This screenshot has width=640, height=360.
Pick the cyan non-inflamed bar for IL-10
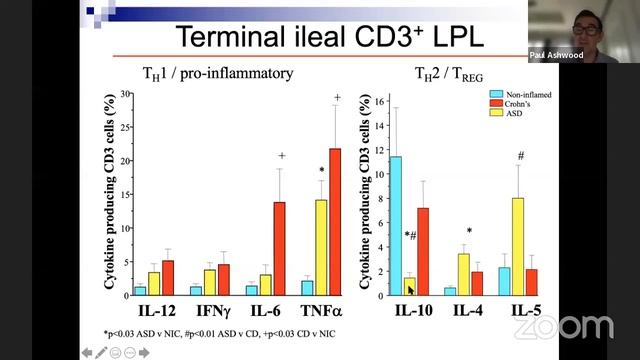tap(396, 226)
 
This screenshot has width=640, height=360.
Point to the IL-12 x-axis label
tap(154, 313)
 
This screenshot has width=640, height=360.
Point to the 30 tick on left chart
tap(126, 95)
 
